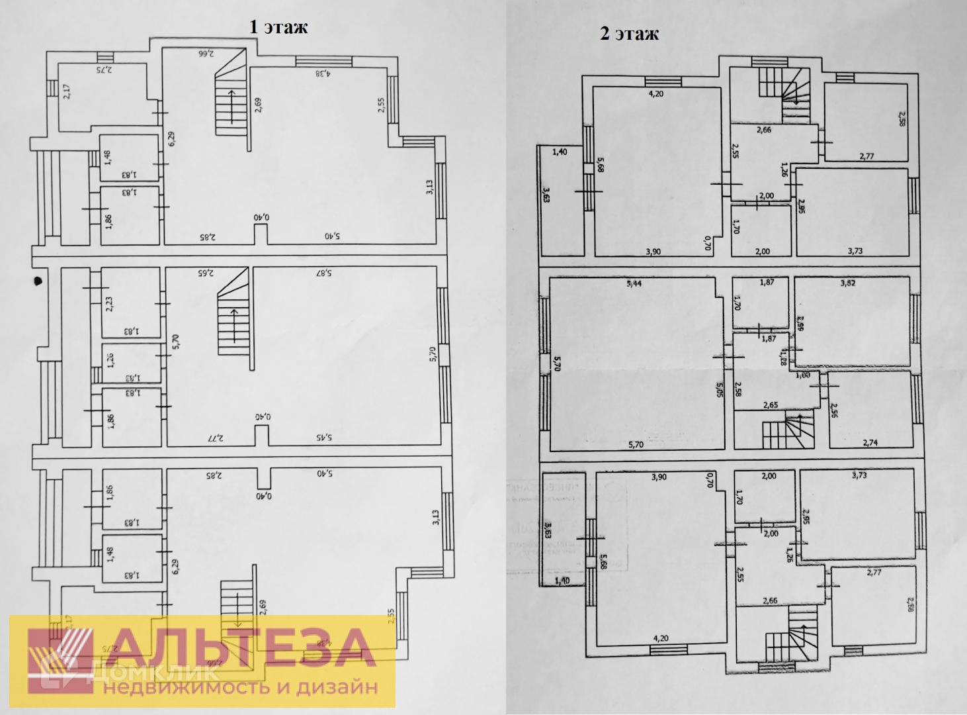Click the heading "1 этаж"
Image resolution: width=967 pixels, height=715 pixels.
[x=278, y=26]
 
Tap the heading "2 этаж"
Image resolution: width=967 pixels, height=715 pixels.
[x=629, y=34]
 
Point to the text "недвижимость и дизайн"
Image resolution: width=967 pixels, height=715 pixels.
[x=240, y=687]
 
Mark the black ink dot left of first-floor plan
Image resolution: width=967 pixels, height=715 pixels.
[x=38, y=280]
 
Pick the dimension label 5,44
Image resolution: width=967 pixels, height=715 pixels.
[x=634, y=284]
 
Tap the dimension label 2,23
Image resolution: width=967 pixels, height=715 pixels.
[x=110, y=303]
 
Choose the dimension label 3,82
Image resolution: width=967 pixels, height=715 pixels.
[x=847, y=283]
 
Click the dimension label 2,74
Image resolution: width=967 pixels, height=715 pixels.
[x=870, y=443]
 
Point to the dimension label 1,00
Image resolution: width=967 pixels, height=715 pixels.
[x=803, y=375]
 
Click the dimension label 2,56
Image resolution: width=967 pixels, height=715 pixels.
[x=834, y=410]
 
